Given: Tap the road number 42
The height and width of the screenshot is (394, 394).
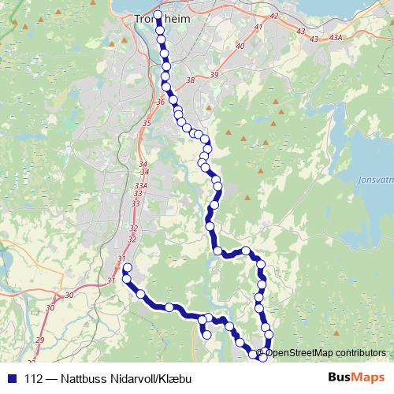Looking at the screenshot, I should point(273,16).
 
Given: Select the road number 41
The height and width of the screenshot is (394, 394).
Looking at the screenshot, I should point(258,28).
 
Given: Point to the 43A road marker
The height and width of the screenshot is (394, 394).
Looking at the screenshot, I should point(336,38).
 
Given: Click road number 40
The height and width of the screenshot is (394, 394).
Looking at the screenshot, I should point(240,46).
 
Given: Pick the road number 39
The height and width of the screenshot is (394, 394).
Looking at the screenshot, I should point(214,75).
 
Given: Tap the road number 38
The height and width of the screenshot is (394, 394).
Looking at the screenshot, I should point(189,80).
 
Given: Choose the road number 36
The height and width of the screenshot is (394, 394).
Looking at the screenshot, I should point(161,102).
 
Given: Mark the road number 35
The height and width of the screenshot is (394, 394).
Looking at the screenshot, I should point(147,123).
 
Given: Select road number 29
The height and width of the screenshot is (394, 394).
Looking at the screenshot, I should point(39,340).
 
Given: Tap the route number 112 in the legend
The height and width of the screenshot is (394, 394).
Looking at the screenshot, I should point(33,378).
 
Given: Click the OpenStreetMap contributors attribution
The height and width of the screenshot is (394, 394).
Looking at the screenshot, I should point(324,353).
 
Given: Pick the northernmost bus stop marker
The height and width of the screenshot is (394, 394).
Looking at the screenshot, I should point(158,16).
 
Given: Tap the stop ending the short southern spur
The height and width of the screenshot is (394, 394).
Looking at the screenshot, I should point(207,335).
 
